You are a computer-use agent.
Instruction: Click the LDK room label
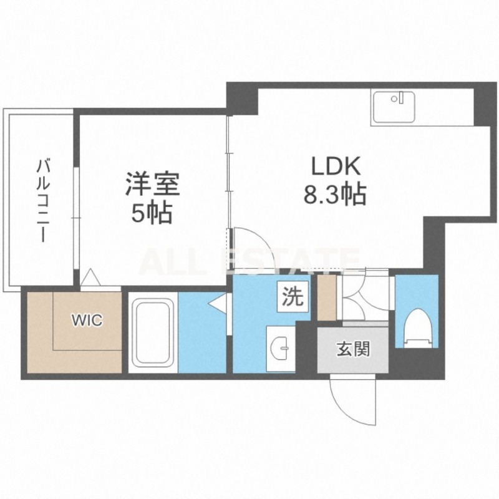pos(333,167)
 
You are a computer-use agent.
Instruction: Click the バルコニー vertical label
pos(42,200)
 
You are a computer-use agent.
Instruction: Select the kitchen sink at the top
pos(394,107)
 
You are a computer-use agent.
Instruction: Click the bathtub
pos(153,334)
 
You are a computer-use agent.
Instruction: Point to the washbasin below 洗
pos(281,346)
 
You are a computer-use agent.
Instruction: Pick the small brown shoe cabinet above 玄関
pos(327,297)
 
